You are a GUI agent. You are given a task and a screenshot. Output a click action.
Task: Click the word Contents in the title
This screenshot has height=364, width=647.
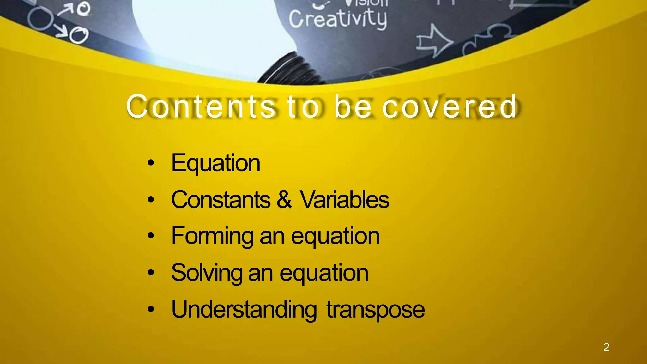[201, 107]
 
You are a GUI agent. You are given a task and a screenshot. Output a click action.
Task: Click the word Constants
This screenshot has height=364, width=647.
[221, 200]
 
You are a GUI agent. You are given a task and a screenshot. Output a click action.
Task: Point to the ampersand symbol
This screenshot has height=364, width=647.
[284, 199]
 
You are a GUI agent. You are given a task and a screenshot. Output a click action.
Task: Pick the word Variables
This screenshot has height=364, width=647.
[344, 200]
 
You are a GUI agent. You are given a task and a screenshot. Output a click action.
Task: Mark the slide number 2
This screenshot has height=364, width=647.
[606, 347]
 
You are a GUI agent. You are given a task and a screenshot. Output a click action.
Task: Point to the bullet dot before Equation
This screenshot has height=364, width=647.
[151, 163]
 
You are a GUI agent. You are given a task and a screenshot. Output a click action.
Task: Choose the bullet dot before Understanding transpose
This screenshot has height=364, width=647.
[151, 310]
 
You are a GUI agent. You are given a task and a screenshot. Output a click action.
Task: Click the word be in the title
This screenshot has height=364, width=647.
[353, 107]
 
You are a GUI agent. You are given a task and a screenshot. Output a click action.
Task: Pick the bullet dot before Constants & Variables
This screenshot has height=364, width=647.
[151, 200]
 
